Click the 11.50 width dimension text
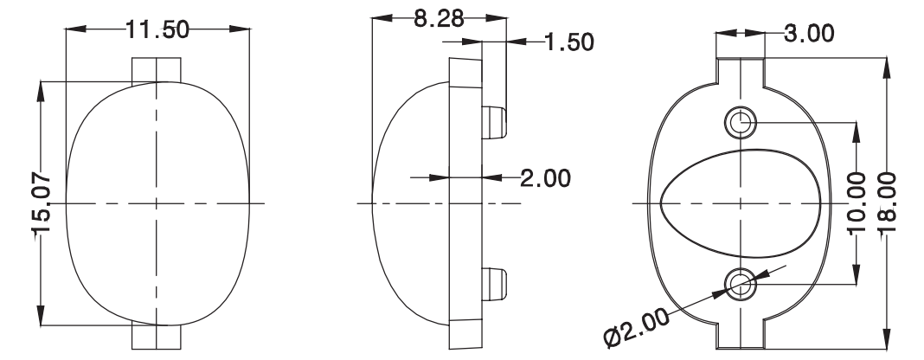pos(158,29)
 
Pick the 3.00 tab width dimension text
pos(809,34)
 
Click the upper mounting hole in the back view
pos(741,122)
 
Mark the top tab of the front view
pos(157,68)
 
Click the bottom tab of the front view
pos(157,338)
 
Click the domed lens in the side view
pos(407,203)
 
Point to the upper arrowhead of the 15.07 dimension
pos(42,88)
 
